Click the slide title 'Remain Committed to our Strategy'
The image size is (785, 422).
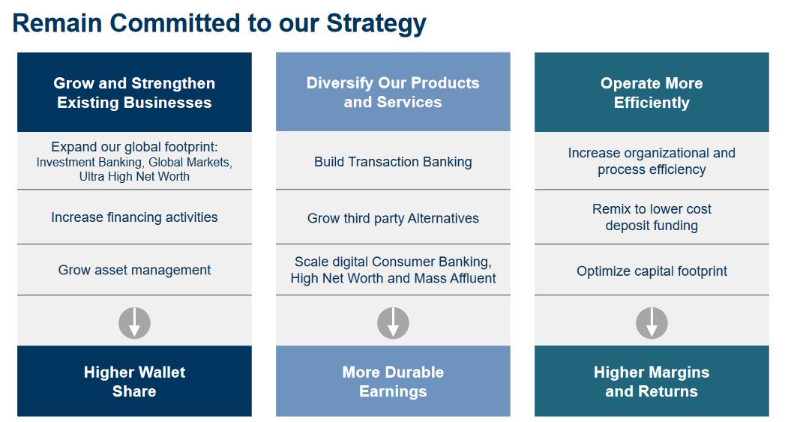219,23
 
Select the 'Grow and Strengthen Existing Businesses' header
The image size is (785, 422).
134,93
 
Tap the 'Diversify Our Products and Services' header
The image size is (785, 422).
393,92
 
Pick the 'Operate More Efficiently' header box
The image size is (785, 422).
652,93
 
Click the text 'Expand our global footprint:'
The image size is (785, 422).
134,147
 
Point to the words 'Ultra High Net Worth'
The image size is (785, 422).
134,177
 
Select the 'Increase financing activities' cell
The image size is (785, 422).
134,217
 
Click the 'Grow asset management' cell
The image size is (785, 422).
134,270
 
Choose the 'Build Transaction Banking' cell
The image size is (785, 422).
393,162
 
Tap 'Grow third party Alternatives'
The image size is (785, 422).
393,218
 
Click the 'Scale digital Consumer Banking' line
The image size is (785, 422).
393,262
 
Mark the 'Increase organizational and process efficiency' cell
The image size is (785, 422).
652,161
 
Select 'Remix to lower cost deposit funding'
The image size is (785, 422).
652,217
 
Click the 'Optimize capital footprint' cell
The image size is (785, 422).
652,271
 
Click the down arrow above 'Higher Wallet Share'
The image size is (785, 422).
134,323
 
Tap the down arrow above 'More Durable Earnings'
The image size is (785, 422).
393,323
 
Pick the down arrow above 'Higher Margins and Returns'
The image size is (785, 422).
652,323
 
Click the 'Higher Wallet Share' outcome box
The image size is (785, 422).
134,382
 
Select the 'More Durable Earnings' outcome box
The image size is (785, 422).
393,382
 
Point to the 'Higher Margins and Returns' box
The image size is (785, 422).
652,382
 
